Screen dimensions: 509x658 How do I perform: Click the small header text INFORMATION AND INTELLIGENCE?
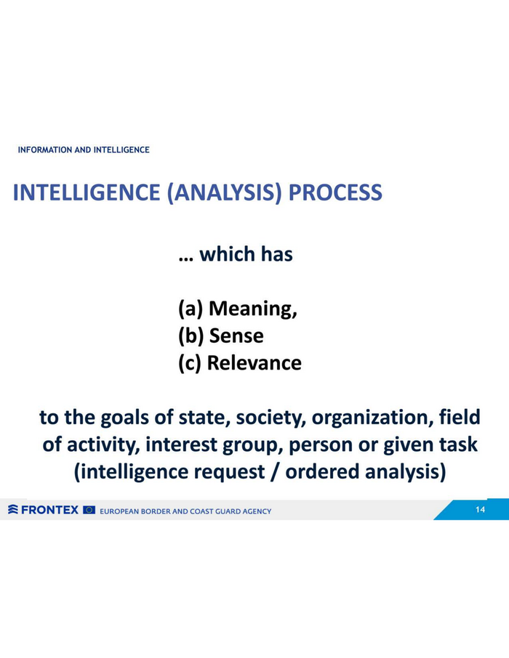[84, 150]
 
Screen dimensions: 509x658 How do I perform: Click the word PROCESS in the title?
[335, 192]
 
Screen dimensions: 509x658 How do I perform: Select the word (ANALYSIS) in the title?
[224, 193]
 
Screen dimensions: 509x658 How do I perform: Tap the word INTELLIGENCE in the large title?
[87, 192]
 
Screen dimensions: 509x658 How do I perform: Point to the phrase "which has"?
[246, 254]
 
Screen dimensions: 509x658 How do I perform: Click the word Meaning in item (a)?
[252, 309]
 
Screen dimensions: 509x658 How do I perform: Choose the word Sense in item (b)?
[236, 336]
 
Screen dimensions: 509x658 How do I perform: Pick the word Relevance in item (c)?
[254, 363]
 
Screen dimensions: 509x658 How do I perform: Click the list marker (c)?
[191, 363]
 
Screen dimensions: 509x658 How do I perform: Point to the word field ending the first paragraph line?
[460, 417]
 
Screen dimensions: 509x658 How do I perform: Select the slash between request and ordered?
[275, 471]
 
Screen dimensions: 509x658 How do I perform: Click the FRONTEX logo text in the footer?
[49, 510]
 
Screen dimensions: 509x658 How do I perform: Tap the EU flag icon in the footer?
[89, 510]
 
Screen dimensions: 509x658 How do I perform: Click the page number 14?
[480, 509]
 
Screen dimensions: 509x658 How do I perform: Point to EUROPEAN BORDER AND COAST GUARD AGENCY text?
[185, 511]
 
